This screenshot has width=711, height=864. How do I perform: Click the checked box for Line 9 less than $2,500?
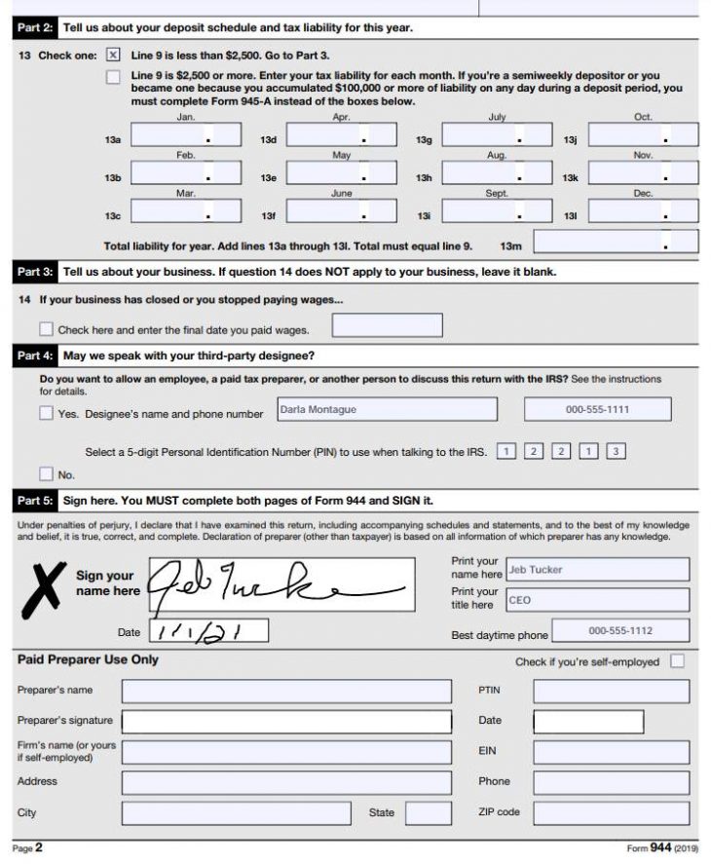113,56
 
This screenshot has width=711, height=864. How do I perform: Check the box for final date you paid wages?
46,329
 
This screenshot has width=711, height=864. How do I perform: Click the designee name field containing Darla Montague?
386,410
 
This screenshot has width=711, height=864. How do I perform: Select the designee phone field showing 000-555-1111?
597,410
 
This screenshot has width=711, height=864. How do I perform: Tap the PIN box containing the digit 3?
616,451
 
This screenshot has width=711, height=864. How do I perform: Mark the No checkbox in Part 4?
46,474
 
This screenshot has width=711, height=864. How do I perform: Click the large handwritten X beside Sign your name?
42,587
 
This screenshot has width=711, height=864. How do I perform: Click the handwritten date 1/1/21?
208,632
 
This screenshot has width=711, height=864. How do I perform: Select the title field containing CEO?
596,601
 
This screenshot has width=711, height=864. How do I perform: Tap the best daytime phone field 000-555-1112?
619,631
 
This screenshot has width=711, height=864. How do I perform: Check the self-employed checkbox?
677,661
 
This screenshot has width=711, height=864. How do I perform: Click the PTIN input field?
611,691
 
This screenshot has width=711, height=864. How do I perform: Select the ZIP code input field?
611,812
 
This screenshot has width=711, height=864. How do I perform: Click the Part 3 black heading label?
36,272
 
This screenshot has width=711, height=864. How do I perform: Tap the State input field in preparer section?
428,812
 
